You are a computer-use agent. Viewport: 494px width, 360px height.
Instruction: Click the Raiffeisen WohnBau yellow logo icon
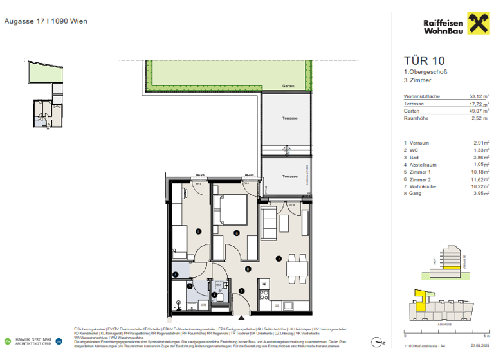[478, 25]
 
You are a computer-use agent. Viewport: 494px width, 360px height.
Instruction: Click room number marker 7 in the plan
[279, 259]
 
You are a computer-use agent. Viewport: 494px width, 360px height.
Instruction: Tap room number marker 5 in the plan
[199, 231]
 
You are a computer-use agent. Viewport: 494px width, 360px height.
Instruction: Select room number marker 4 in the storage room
[175, 275]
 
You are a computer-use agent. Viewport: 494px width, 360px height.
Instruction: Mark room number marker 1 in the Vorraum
[241, 291]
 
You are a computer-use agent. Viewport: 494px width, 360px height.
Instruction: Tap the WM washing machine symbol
[203, 304]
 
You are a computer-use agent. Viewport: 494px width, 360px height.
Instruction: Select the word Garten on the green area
[287, 87]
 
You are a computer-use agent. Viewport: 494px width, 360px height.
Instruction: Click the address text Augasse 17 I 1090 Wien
[46, 21]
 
